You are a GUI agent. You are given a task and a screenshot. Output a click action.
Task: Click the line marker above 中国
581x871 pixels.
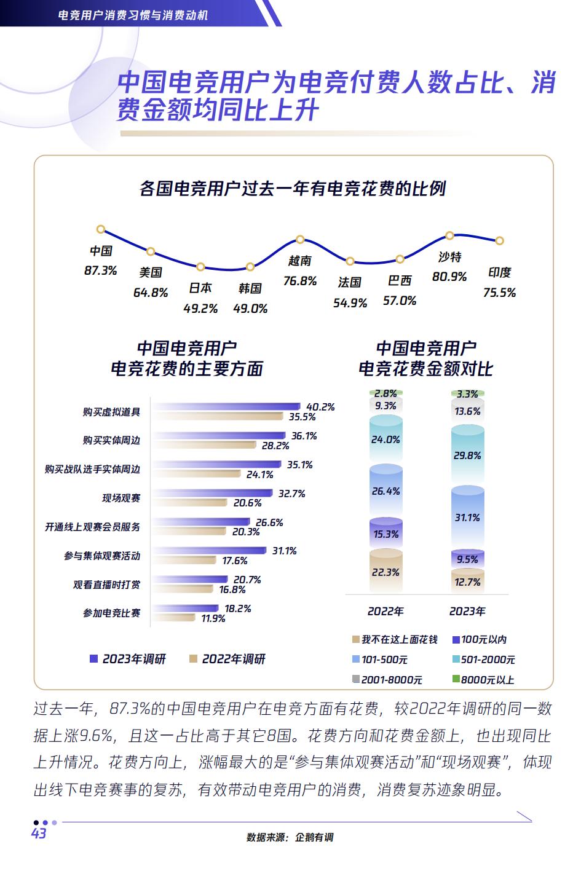coord(101,229)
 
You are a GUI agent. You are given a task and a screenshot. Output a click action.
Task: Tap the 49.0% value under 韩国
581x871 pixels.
coord(250,309)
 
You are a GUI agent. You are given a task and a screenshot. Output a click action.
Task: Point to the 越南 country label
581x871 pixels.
coord(300,261)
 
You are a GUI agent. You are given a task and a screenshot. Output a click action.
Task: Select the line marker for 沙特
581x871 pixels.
coord(449,235)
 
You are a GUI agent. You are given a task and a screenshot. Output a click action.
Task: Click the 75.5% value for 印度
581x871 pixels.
coord(499,293)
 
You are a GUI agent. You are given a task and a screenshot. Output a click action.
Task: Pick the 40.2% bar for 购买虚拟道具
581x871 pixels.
coord(226,407)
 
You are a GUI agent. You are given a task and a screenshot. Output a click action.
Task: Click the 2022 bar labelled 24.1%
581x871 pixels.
coord(196,474)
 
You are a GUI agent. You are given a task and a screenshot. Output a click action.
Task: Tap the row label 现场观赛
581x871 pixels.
coord(121,498)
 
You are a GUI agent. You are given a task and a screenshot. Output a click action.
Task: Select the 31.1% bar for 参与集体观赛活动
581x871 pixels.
coord(209,551)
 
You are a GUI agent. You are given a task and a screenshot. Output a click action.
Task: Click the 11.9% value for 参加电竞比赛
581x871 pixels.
coord(213,618)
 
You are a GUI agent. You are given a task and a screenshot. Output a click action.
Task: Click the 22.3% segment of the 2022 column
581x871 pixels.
coord(386,572)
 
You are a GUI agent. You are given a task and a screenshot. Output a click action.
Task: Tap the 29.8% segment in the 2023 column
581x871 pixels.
coord(467,455)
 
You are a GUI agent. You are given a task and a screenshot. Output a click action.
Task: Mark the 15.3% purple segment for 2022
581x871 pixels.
coord(386,534)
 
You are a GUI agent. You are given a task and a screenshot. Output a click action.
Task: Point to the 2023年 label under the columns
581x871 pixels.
coord(467,611)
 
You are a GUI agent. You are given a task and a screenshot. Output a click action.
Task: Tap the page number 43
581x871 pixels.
coord(39,834)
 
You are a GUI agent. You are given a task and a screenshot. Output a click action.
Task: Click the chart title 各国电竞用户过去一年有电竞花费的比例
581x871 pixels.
coord(293,188)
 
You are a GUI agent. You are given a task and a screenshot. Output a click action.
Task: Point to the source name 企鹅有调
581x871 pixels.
coord(314,837)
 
